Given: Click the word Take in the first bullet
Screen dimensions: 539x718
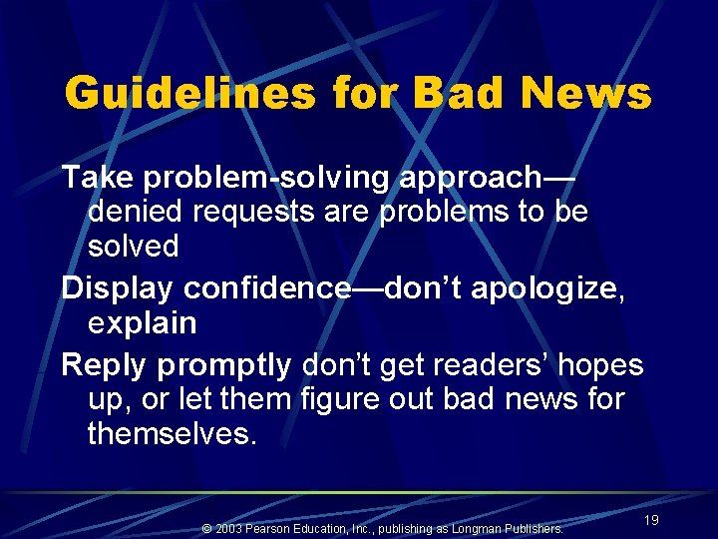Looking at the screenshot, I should click(98, 178).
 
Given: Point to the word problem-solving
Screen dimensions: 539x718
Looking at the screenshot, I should click(266, 179).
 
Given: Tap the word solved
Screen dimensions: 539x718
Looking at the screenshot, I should click(134, 247).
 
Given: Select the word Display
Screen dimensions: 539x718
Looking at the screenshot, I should click(119, 288).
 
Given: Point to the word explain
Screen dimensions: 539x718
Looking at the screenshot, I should click(143, 323).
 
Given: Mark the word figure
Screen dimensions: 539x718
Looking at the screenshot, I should click(340, 400).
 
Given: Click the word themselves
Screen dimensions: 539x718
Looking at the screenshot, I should click(172, 434).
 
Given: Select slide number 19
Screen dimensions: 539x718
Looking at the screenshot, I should click(651, 520).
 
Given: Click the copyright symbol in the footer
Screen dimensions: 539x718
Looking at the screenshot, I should click(206, 528).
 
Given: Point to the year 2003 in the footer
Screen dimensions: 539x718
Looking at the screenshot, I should click(229, 528).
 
